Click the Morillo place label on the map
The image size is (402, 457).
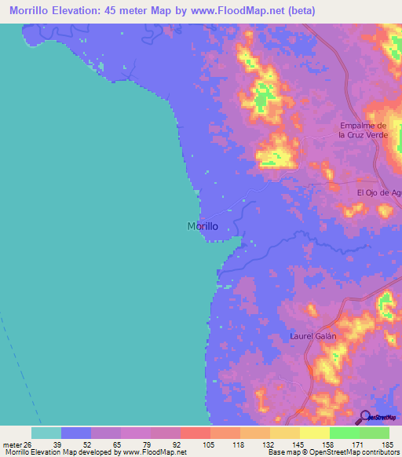(203, 226)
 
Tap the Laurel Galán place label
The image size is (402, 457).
(312, 336)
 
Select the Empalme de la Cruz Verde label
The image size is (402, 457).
(364, 130)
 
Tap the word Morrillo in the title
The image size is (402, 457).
(30, 10)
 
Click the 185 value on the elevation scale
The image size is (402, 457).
(387, 444)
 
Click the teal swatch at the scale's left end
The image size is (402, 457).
(46, 433)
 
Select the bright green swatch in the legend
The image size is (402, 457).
(345, 433)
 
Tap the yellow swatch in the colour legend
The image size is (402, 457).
(315, 433)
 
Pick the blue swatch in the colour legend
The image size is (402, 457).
(76, 433)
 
